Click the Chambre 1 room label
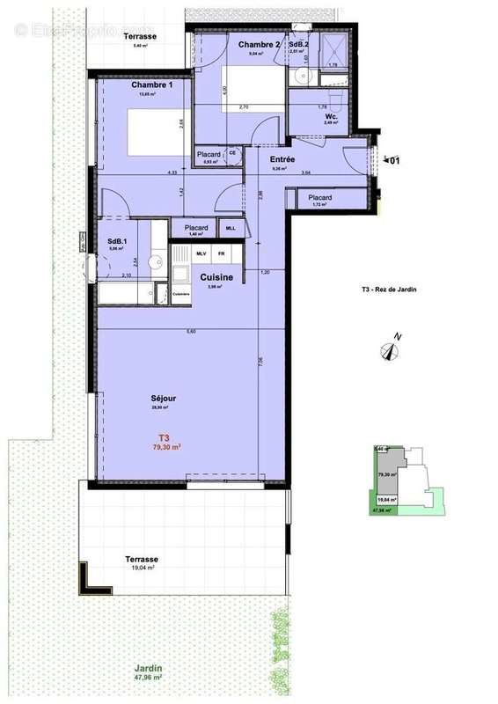pos(151,84)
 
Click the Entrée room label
pos(282,159)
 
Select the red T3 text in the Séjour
pos(164,437)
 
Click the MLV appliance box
pos(201,253)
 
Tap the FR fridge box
pos(223,253)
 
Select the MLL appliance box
pos(231,228)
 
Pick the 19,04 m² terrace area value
pos(141,569)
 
